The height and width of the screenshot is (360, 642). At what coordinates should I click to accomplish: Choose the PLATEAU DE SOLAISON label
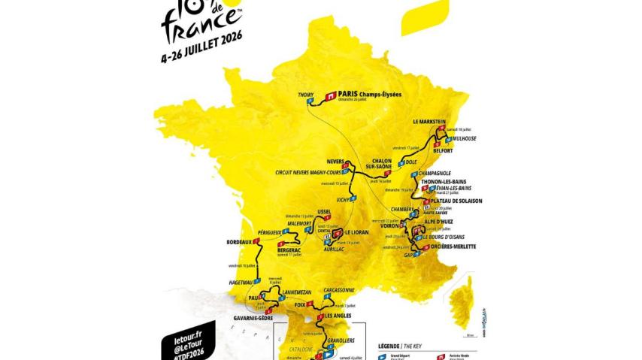(x=456, y=201)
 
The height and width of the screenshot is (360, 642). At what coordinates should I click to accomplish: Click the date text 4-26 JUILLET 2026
(x=203, y=56)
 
